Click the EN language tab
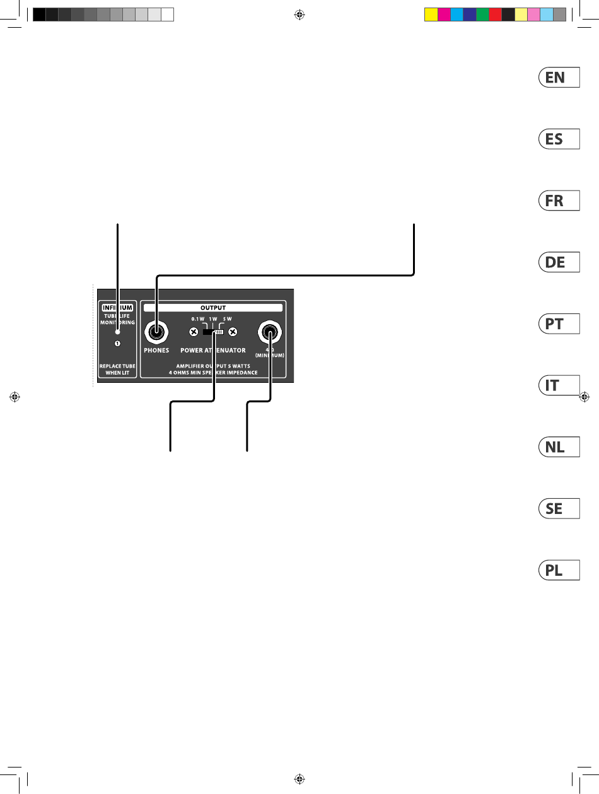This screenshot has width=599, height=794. pyautogui.click(x=559, y=78)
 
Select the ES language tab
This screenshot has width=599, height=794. pyautogui.click(x=559, y=139)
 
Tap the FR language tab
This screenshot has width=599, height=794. pyautogui.click(x=559, y=201)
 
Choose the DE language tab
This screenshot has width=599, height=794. pyautogui.click(x=559, y=262)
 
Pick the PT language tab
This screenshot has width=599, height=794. pyautogui.click(x=559, y=324)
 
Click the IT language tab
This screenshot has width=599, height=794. pyautogui.click(x=559, y=385)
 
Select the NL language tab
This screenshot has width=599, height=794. pyautogui.click(x=559, y=447)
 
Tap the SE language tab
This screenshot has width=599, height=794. pyautogui.click(x=559, y=508)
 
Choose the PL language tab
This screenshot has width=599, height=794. pyautogui.click(x=559, y=571)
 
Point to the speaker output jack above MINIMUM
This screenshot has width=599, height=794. pyautogui.click(x=270, y=332)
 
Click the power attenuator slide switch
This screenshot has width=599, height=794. pyautogui.click(x=214, y=332)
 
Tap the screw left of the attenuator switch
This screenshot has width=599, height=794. pyautogui.click(x=194, y=332)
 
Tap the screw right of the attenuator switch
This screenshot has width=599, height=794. pyautogui.click(x=233, y=332)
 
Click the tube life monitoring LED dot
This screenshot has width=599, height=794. pyautogui.click(x=117, y=332)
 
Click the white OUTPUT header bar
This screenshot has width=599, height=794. pyautogui.click(x=212, y=308)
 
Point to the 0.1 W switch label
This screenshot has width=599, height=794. pyautogui.click(x=198, y=320)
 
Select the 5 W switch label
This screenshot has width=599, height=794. pyautogui.click(x=228, y=320)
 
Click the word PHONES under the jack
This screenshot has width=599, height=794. pyautogui.click(x=156, y=350)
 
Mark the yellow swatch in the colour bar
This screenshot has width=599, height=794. pyautogui.click(x=431, y=15)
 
